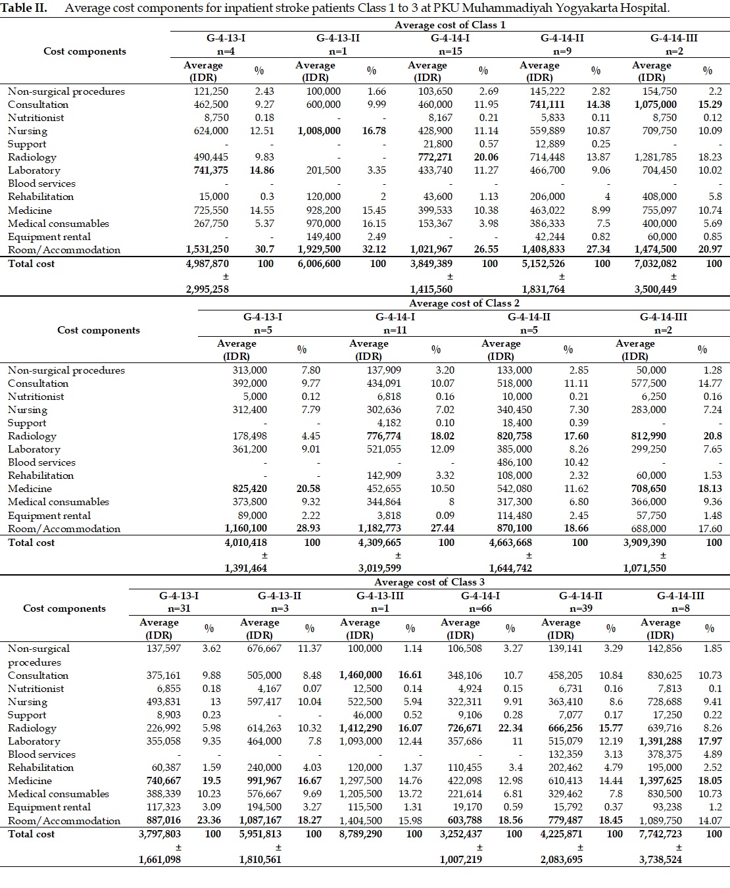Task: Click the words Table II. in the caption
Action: (27, 9)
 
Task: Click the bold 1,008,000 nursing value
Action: (319, 131)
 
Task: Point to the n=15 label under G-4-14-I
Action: (449, 51)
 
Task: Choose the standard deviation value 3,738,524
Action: (660, 859)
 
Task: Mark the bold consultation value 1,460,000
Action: (360, 676)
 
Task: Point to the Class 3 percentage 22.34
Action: (510, 728)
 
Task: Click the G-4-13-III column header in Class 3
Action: (379, 596)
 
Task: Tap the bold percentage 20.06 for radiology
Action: (486, 157)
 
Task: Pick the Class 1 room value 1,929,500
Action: (319, 250)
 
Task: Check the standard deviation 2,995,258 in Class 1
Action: (207, 289)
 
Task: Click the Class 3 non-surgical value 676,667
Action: (264, 649)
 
